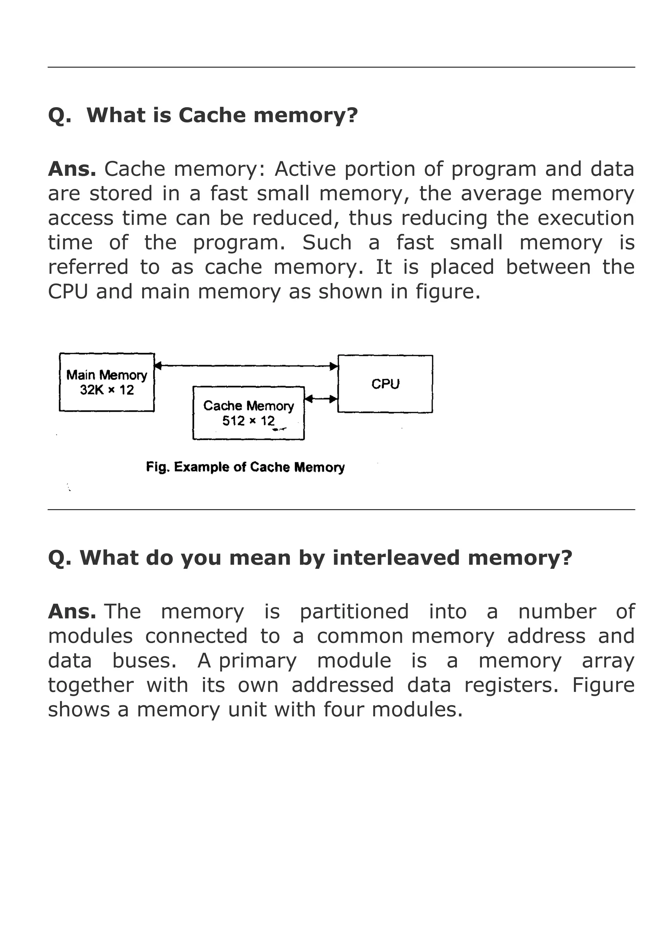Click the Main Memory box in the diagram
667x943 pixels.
click(106, 382)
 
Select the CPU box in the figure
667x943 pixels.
click(385, 384)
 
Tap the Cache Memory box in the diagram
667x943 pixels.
click(248, 413)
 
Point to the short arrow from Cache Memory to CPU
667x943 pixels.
click(321, 398)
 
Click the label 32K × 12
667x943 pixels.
click(107, 390)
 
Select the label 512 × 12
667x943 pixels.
click(248, 421)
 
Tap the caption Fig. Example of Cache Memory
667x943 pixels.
click(245, 467)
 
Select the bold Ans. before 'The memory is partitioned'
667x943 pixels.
click(72, 612)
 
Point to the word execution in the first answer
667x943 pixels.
click(586, 218)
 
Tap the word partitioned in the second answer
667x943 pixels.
click(354, 612)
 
